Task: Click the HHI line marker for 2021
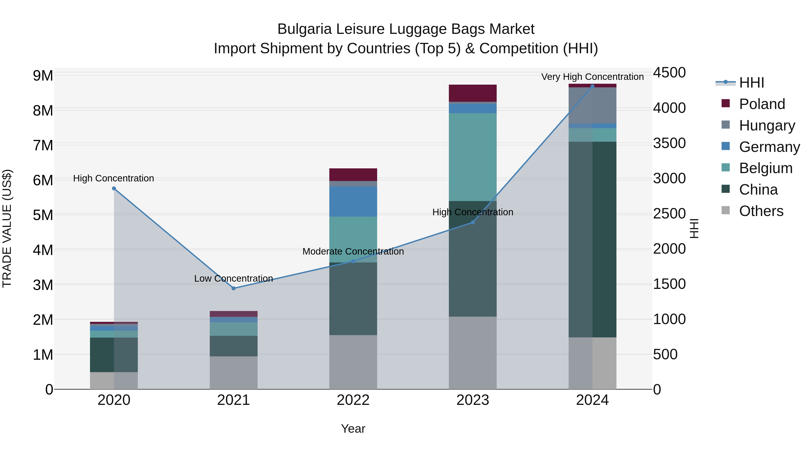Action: pyautogui.click(x=234, y=288)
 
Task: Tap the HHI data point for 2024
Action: pyautogui.click(x=592, y=86)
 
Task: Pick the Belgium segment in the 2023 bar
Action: pyautogui.click(x=473, y=157)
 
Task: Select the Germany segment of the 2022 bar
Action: pyautogui.click(x=353, y=201)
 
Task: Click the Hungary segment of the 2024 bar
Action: pyautogui.click(x=592, y=105)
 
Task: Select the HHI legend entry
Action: pyautogui.click(x=752, y=83)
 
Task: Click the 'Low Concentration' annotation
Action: pyautogui.click(x=234, y=278)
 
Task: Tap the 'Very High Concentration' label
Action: pyautogui.click(x=592, y=77)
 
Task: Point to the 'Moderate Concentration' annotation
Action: pyautogui.click(x=353, y=251)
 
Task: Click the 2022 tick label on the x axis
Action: pyautogui.click(x=353, y=400)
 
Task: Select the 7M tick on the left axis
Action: pyautogui.click(x=43, y=145)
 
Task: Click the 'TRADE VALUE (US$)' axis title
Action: pyautogui.click(x=7, y=228)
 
